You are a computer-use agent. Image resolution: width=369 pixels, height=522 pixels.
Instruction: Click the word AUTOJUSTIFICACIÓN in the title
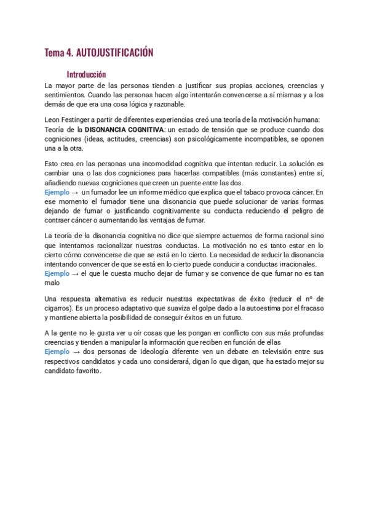pyautogui.click(x=115, y=54)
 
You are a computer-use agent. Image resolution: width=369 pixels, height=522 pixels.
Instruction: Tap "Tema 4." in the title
pyautogui.click(x=58, y=54)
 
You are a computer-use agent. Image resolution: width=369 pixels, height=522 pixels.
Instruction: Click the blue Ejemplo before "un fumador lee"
pyautogui.click(x=57, y=193)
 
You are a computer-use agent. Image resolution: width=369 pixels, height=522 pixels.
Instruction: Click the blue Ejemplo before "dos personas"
pyautogui.click(x=57, y=351)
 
